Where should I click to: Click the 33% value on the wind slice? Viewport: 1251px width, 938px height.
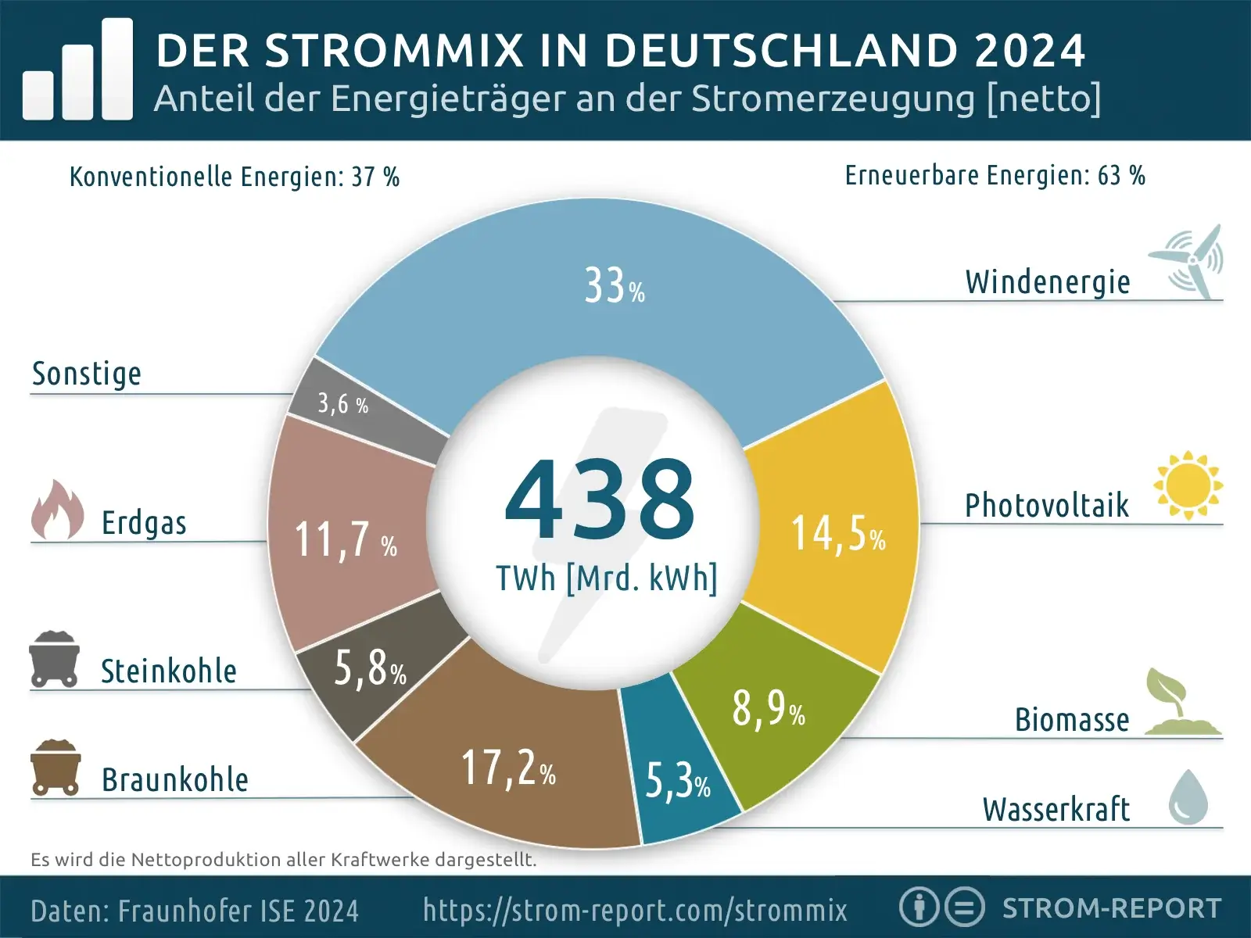(x=615, y=286)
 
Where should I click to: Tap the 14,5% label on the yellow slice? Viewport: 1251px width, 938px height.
(x=838, y=535)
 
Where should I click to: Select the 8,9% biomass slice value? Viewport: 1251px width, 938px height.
(x=768, y=709)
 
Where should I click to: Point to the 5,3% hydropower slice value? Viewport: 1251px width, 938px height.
(x=677, y=781)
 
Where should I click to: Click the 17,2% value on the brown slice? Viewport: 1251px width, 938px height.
(x=508, y=768)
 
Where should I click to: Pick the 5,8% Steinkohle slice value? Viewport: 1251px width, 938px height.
(x=370, y=669)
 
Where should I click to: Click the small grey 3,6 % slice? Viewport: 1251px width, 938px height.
(x=342, y=404)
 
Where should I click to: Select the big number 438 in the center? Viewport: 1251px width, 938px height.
(x=600, y=500)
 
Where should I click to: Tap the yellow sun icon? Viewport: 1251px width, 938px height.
(x=1188, y=485)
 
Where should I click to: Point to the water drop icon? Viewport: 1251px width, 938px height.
(x=1188, y=797)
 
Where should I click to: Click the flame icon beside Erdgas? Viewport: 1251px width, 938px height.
(x=57, y=510)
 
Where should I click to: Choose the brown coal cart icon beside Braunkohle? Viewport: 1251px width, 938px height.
(x=56, y=767)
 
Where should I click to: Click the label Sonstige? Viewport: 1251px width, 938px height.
(x=87, y=374)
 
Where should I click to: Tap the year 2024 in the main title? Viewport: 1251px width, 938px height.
(x=1030, y=51)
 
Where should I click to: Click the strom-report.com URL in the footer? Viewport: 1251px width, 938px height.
(x=635, y=910)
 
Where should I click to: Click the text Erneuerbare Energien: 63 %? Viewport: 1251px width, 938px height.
(x=995, y=176)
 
